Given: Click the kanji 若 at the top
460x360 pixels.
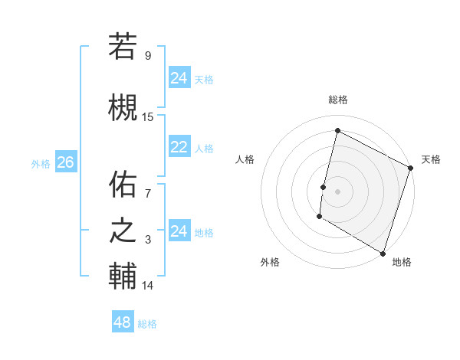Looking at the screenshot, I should click(x=123, y=46).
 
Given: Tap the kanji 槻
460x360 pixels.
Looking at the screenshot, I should click(x=123, y=106).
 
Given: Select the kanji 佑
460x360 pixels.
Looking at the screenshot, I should click(x=123, y=185).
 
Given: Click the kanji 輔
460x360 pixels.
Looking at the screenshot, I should click(x=123, y=276).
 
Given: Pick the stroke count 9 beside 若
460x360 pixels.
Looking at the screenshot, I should click(x=148, y=55).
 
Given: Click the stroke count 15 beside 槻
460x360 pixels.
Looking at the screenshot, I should click(x=148, y=117).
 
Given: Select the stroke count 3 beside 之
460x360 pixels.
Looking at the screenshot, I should click(x=148, y=241).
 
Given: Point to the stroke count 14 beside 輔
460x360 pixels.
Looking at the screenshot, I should click(x=148, y=286).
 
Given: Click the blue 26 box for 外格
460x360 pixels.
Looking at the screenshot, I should click(x=65, y=162).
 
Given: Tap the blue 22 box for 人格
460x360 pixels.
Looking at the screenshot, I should click(x=179, y=148).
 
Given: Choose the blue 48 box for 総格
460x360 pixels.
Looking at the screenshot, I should click(x=123, y=322).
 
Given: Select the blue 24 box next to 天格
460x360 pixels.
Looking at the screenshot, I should click(x=179, y=78).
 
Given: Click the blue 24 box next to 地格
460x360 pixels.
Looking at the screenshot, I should click(x=179, y=231).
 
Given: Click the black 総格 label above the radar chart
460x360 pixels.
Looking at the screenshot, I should click(x=338, y=100).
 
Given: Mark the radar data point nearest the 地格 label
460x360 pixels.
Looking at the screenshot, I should click(x=383, y=253).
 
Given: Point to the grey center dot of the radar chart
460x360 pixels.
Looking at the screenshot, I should click(x=337, y=191).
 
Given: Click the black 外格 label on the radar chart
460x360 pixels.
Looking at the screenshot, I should click(x=270, y=262).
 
